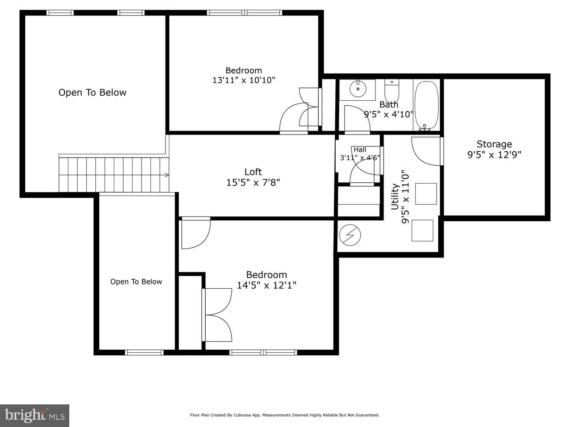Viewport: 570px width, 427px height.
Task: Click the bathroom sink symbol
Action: (x=357, y=89)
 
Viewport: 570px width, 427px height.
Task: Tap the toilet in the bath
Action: (x=391, y=90)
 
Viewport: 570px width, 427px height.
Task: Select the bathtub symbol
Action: (x=427, y=105)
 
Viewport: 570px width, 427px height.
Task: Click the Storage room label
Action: (x=494, y=144)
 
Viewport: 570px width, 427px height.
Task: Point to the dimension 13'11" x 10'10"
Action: (x=243, y=80)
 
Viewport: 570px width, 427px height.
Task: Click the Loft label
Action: (x=253, y=172)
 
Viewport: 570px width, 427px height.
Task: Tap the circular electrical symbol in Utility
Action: (x=350, y=235)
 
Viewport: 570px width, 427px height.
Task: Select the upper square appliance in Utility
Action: (x=426, y=194)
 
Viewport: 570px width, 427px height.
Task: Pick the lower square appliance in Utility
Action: (x=422, y=231)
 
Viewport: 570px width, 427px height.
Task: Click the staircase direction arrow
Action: (x=167, y=175)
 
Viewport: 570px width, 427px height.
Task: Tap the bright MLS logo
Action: (x=35, y=415)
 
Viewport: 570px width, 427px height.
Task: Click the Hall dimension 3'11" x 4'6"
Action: (x=360, y=158)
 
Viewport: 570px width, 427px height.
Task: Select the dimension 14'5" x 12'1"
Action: (x=266, y=285)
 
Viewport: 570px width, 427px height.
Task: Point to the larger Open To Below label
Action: (x=92, y=93)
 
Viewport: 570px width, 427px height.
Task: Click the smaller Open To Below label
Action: (x=136, y=282)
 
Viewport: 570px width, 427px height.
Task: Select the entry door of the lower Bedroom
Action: (x=196, y=233)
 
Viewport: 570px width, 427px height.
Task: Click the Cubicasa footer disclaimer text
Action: (x=284, y=415)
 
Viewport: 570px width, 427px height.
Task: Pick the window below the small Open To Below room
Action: (x=144, y=352)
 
